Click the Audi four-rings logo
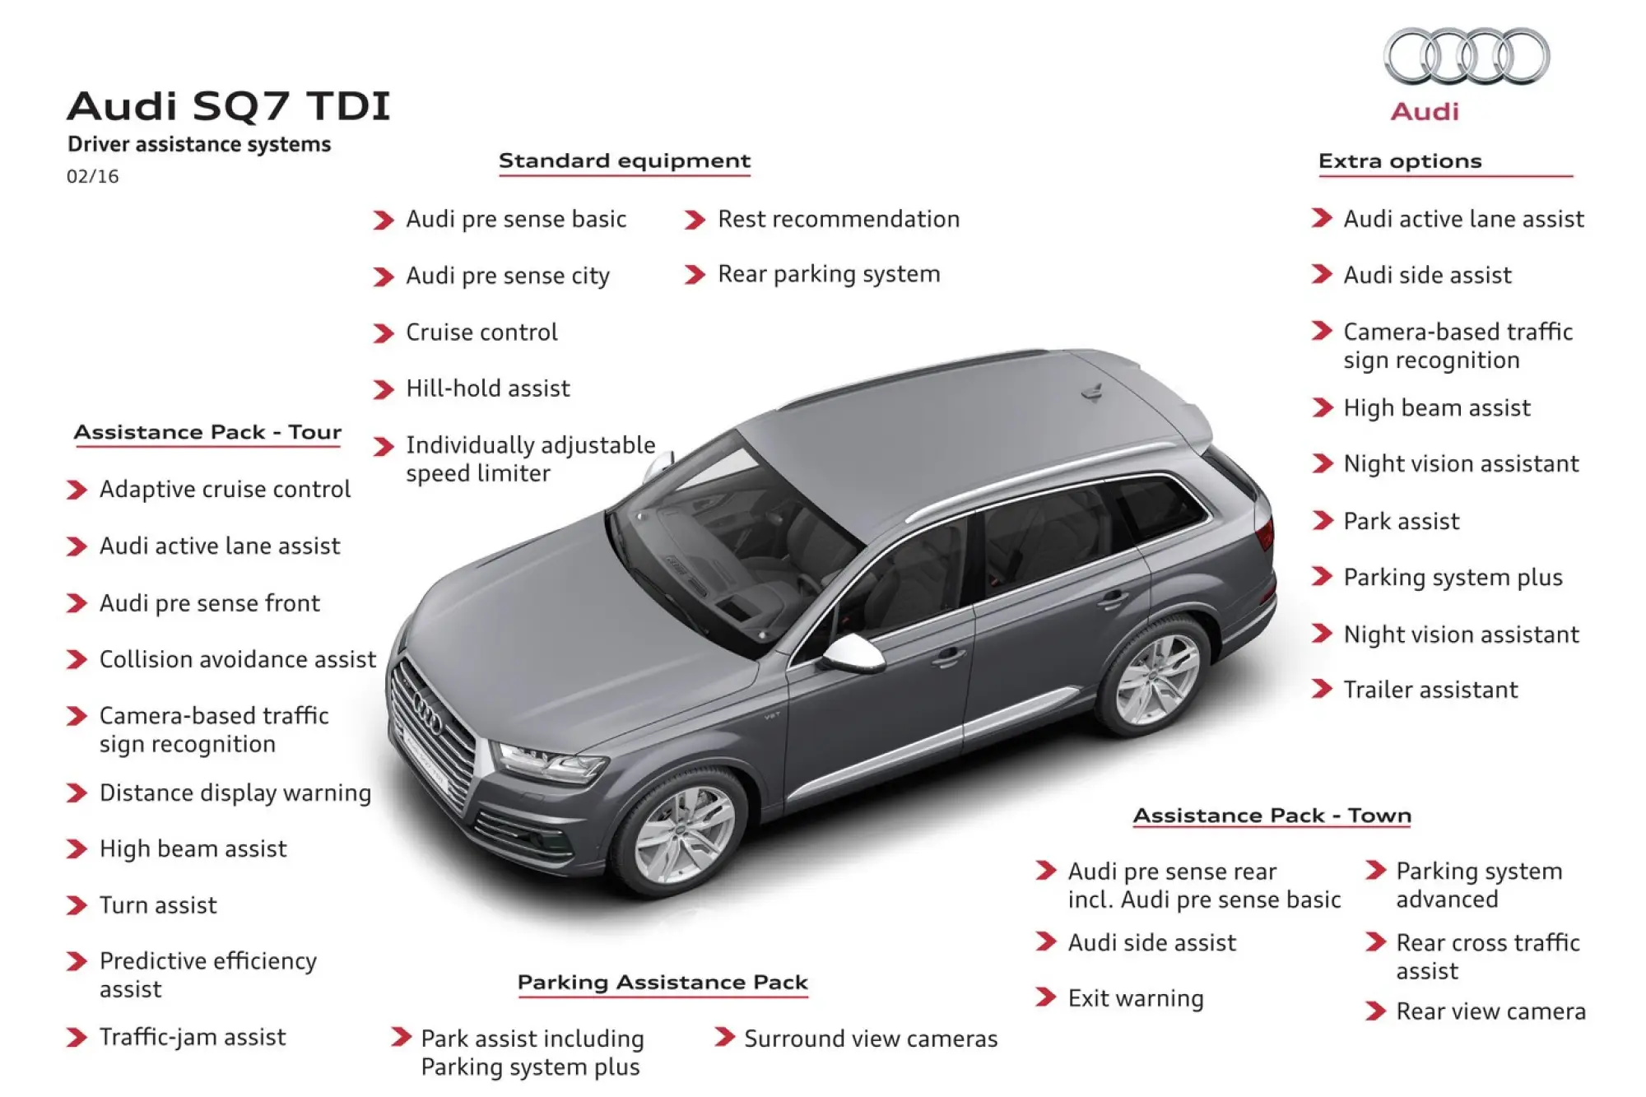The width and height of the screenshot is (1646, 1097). [x=1467, y=56]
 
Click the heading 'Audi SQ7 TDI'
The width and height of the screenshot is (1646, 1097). [x=229, y=106]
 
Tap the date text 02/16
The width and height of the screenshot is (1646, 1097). [x=93, y=176]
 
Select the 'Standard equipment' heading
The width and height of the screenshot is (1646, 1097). [x=625, y=161]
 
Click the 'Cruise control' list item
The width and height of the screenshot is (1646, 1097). [x=481, y=332]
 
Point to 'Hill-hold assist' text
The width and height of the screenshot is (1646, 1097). [x=488, y=388]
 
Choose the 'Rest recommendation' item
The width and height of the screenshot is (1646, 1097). [x=839, y=219]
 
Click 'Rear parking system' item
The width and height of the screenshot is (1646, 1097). [x=829, y=275]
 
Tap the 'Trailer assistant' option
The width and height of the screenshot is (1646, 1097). [x=1430, y=690]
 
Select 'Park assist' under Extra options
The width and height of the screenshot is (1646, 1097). [x=1402, y=521]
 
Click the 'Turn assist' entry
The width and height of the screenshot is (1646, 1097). [x=158, y=905]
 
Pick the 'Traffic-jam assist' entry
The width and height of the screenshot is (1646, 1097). [x=193, y=1037]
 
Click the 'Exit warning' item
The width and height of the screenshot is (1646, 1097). [x=1136, y=998]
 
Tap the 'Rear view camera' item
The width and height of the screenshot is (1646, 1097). [x=1490, y=1011]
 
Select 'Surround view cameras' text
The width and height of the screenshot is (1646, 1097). [x=871, y=1039]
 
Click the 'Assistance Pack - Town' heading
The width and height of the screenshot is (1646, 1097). [x=1272, y=816]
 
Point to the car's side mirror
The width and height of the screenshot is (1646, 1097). [x=853, y=653]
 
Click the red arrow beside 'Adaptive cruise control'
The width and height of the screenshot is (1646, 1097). [x=77, y=490]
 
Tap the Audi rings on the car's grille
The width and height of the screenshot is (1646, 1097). [x=428, y=714]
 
